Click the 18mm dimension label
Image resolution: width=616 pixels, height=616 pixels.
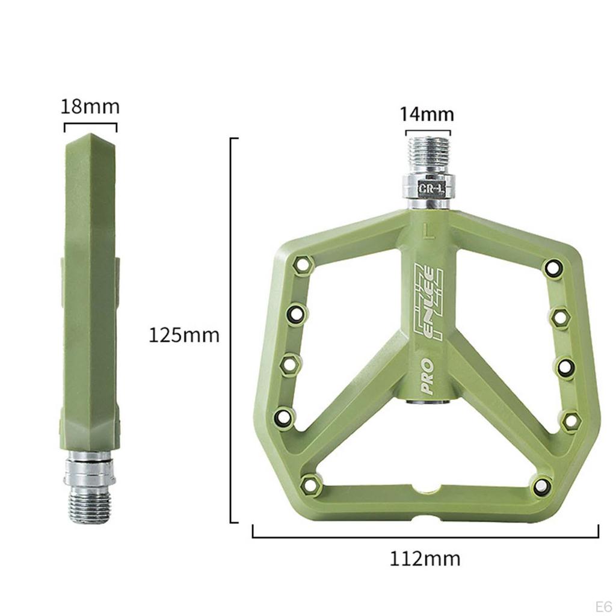click(x=90, y=106)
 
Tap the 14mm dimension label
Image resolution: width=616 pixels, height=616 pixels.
click(x=428, y=114)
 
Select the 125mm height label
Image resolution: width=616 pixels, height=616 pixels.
click(x=184, y=334)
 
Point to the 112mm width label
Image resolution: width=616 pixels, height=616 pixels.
click(x=425, y=558)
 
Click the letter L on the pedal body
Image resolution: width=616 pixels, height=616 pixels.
click(x=428, y=231)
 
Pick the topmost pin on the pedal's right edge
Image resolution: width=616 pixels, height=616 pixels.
click(x=552, y=267)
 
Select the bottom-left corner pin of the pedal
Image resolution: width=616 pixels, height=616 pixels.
click(x=310, y=483)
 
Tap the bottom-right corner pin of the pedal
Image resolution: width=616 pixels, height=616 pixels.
click(x=541, y=485)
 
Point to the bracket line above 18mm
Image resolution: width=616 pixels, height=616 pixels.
click(x=90, y=125)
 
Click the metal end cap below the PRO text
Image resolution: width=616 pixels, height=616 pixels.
click(x=428, y=402)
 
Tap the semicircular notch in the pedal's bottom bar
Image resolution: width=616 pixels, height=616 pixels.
click(x=428, y=487)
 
